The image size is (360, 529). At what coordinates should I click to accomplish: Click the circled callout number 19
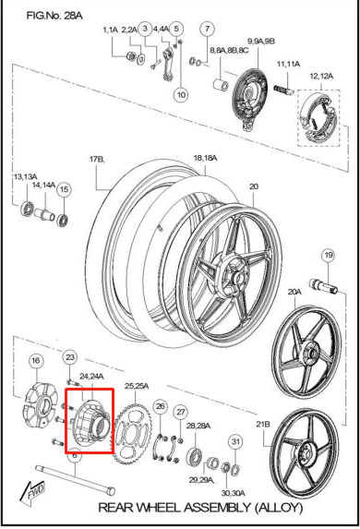pyautogui.click(x=329, y=256)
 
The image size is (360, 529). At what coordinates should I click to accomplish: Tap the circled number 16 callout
pyautogui.click(x=36, y=361)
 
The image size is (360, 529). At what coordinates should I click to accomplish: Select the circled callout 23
pyautogui.click(x=70, y=357)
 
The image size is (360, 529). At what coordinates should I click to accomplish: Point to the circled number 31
pyautogui.click(x=235, y=441)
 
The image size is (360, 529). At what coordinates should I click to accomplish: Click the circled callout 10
pyautogui.click(x=182, y=95)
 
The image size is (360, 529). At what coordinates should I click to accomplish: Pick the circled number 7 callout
pyautogui.click(x=207, y=29)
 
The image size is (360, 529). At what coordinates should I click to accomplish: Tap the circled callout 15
pyautogui.click(x=64, y=189)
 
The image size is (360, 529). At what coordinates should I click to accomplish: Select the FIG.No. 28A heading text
pyautogui.click(x=54, y=16)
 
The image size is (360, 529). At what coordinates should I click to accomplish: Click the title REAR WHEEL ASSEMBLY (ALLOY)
pyautogui.click(x=200, y=507)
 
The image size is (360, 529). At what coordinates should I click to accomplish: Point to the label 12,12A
pyautogui.click(x=321, y=77)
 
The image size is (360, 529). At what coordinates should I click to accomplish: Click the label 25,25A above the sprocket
pyautogui.click(x=137, y=386)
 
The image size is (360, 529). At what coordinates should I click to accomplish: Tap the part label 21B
pyautogui.click(x=263, y=424)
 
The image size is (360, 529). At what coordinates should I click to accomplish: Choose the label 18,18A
pyautogui.click(x=205, y=158)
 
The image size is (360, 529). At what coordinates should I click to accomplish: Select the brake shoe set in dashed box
pyautogui.click(x=318, y=118)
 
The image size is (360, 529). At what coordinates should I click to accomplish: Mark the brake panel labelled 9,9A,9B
pyautogui.click(x=250, y=97)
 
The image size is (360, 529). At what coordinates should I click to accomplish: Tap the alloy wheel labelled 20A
pyautogui.click(x=306, y=352)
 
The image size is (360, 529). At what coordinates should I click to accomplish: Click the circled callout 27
pyautogui.click(x=181, y=412)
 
